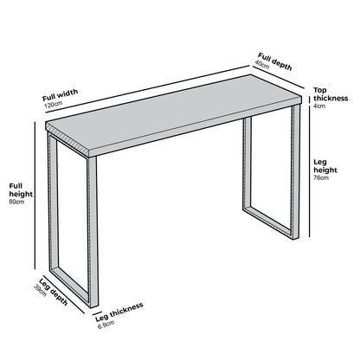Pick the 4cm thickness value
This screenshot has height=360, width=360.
(x=319, y=106)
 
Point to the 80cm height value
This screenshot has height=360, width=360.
(x=15, y=213)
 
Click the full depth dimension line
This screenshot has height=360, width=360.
(x=277, y=74)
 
